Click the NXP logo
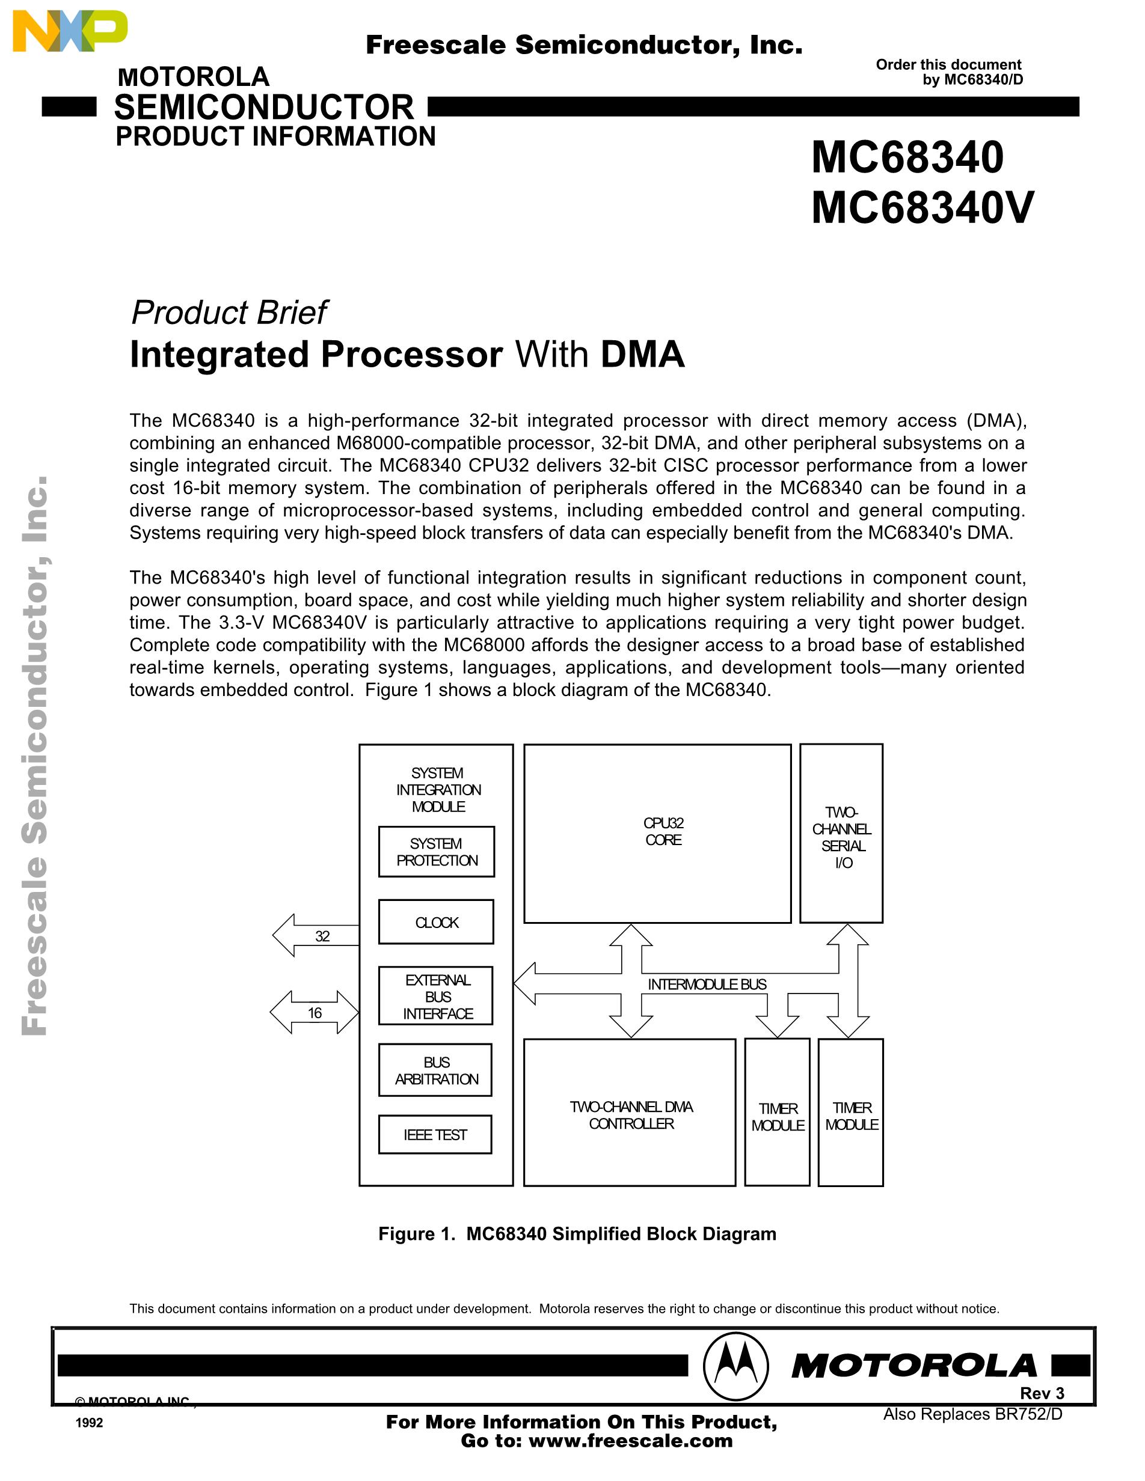(x=70, y=32)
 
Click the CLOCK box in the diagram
(x=436, y=922)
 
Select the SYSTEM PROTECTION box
(x=436, y=852)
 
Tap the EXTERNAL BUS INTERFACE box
(x=436, y=996)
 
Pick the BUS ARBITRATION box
(x=435, y=1070)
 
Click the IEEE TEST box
(x=435, y=1134)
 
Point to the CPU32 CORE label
(x=663, y=831)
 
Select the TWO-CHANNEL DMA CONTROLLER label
(x=631, y=1115)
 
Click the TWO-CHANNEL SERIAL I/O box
(x=841, y=834)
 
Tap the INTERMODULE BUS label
(x=707, y=984)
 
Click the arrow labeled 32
(x=317, y=936)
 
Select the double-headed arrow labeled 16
(x=315, y=1012)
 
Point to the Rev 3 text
(x=1042, y=1393)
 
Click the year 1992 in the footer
(x=90, y=1423)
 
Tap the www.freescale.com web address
(x=630, y=1441)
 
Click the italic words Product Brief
(x=229, y=313)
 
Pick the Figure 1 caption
(x=577, y=1233)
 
